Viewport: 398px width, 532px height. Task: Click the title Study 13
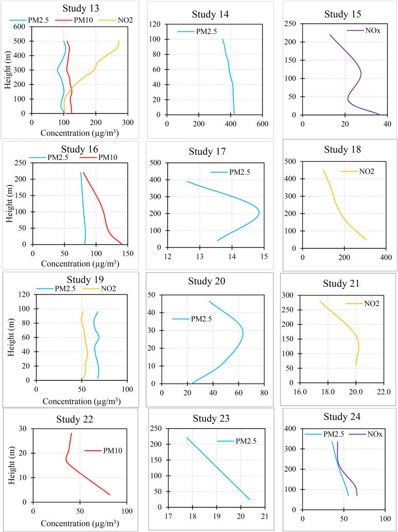tap(81, 9)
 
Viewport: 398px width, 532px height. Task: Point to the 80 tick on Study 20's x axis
tap(263, 393)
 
